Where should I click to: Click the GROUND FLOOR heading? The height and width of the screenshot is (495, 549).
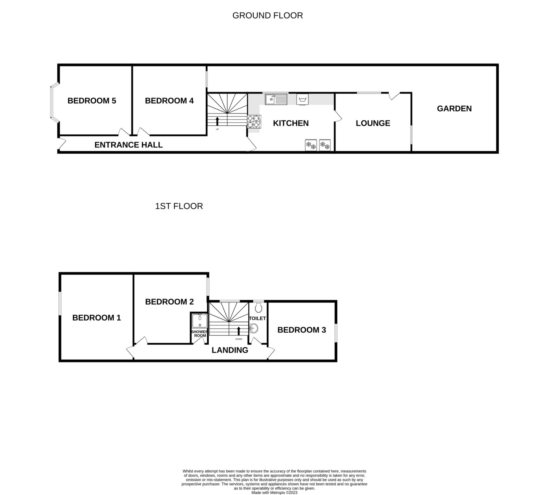coord(268,16)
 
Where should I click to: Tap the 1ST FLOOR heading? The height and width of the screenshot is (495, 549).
coord(179,206)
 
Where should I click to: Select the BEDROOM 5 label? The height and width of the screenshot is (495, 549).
coord(92,101)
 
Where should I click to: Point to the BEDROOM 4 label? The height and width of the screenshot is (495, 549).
coord(169,101)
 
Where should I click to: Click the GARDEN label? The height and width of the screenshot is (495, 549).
coord(454,109)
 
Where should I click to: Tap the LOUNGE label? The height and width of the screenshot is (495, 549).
coord(373,123)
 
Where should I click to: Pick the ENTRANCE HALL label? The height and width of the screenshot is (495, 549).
coord(128,145)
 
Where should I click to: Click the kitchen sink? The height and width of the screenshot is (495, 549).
coord(276,99)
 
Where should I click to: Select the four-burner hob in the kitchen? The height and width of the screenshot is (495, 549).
coord(254,121)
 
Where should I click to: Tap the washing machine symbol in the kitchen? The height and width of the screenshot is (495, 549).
coord(302,99)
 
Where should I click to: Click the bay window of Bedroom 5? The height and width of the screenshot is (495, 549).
coord(54,102)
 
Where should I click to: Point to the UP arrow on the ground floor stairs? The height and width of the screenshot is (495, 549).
coord(217,121)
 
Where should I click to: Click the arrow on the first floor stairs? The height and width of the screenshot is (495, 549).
coord(239,331)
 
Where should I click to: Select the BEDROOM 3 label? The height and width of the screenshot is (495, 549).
coord(302,330)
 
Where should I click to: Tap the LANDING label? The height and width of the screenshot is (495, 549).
coord(230,350)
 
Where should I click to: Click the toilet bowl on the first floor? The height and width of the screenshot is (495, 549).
coord(258,307)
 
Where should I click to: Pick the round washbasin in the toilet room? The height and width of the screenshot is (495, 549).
coord(254,328)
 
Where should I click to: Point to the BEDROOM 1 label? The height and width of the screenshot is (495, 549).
coord(97,318)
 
